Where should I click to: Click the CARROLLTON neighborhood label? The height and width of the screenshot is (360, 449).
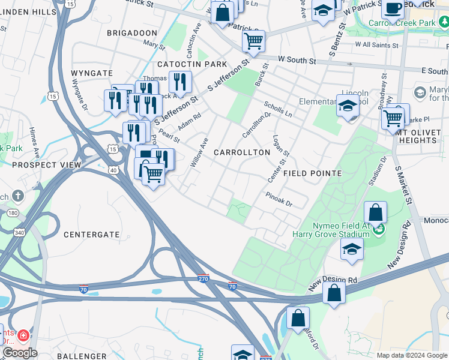point(242,153)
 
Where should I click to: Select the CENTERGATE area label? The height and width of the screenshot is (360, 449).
point(92,235)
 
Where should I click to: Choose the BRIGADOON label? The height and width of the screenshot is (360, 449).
point(132,33)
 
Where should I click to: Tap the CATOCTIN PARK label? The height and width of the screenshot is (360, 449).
point(192,64)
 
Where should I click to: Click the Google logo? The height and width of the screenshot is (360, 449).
point(20,353)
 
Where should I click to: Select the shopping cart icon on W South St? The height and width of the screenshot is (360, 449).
point(253,41)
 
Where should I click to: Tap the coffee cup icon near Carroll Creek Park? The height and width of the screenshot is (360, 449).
point(393,8)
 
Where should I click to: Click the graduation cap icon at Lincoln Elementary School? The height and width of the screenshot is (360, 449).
point(347,107)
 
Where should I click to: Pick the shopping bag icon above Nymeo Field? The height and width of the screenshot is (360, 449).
point(375,212)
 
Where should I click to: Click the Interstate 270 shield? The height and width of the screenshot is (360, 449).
point(203,278)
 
